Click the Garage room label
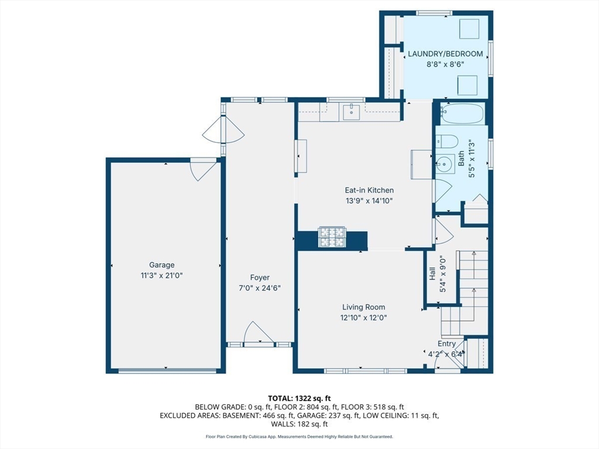pyautogui.click(x=161, y=265)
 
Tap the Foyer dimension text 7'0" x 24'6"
pyautogui.click(x=260, y=288)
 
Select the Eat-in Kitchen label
pyautogui.click(x=369, y=190)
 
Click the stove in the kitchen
pyautogui.click(x=332, y=237)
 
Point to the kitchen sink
pyautogui.click(x=351, y=112)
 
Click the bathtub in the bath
pyautogui.click(x=462, y=113)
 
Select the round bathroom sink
pyautogui.click(x=445, y=165)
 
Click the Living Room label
pyautogui.click(x=364, y=307)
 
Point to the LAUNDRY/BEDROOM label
pyautogui.click(x=445, y=54)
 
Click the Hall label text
pyautogui.click(x=432, y=274)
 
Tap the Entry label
pyautogui.click(x=446, y=344)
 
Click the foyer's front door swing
pyautogui.click(x=259, y=332)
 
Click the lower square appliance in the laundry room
pyautogui.click(x=467, y=85)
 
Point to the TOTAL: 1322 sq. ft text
pyautogui.click(x=299, y=399)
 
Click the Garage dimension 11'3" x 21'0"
pyautogui.click(x=161, y=275)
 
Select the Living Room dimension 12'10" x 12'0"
pyautogui.click(x=364, y=317)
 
